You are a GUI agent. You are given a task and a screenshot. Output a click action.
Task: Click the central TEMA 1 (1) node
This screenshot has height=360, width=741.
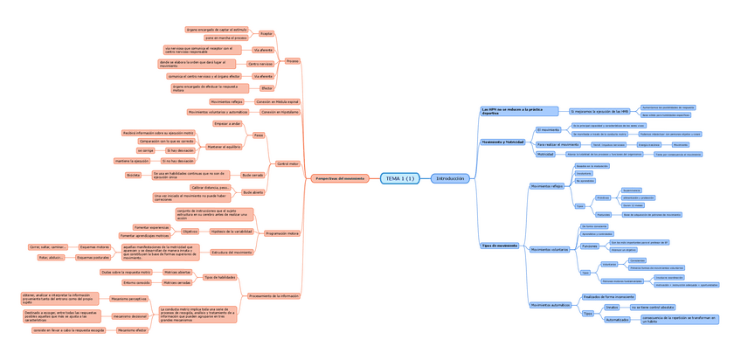pyautogui.click(x=398, y=178)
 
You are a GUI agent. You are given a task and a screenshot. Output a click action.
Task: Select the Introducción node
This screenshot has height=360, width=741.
pyautogui.click(x=450, y=178)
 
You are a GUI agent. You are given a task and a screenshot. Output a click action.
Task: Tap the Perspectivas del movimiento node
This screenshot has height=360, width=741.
pyautogui.click(x=340, y=178)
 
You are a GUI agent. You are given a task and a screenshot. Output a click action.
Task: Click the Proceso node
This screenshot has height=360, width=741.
pyautogui.click(x=293, y=60)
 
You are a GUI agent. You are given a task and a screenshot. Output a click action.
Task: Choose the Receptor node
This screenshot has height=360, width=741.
pyautogui.click(x=267, y=33)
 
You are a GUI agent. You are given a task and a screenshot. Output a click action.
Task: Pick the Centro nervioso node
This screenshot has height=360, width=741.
pyautogui.click(x=260, y=64)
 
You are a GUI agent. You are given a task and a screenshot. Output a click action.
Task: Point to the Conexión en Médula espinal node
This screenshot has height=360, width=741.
pyautogui.click(x=277, y=101)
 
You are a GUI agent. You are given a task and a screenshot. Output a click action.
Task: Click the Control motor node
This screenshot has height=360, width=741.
pyautogui.click(x=287, y=163)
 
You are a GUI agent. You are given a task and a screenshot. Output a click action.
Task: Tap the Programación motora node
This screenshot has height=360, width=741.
pyautogui.click(x=282, y=233)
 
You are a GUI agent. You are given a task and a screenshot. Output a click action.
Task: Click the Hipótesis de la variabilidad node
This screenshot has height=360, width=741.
pyautogui.click(x=232, y=232)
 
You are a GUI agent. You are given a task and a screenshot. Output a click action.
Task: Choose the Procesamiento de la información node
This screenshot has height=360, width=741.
pyautogui.click(x=274, y=296)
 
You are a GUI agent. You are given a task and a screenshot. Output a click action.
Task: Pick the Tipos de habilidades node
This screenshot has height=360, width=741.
pyautogui.click(x=220, y=277)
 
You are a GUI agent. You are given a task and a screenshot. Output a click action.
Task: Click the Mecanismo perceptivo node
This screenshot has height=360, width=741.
pyautogui.click(x=129, y=299)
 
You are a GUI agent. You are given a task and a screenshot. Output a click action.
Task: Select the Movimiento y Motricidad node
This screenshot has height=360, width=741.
pyautogui.click(x=502, y=141)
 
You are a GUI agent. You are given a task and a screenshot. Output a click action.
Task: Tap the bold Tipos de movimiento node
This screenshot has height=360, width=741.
pyautogui.click(x=500, y=246)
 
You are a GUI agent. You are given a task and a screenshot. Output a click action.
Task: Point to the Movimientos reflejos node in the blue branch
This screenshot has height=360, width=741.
pyautogui.click(x=548, y=186)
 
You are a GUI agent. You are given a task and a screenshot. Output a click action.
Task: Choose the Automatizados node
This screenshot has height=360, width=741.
pyautogui.click(x=618, y=320)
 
